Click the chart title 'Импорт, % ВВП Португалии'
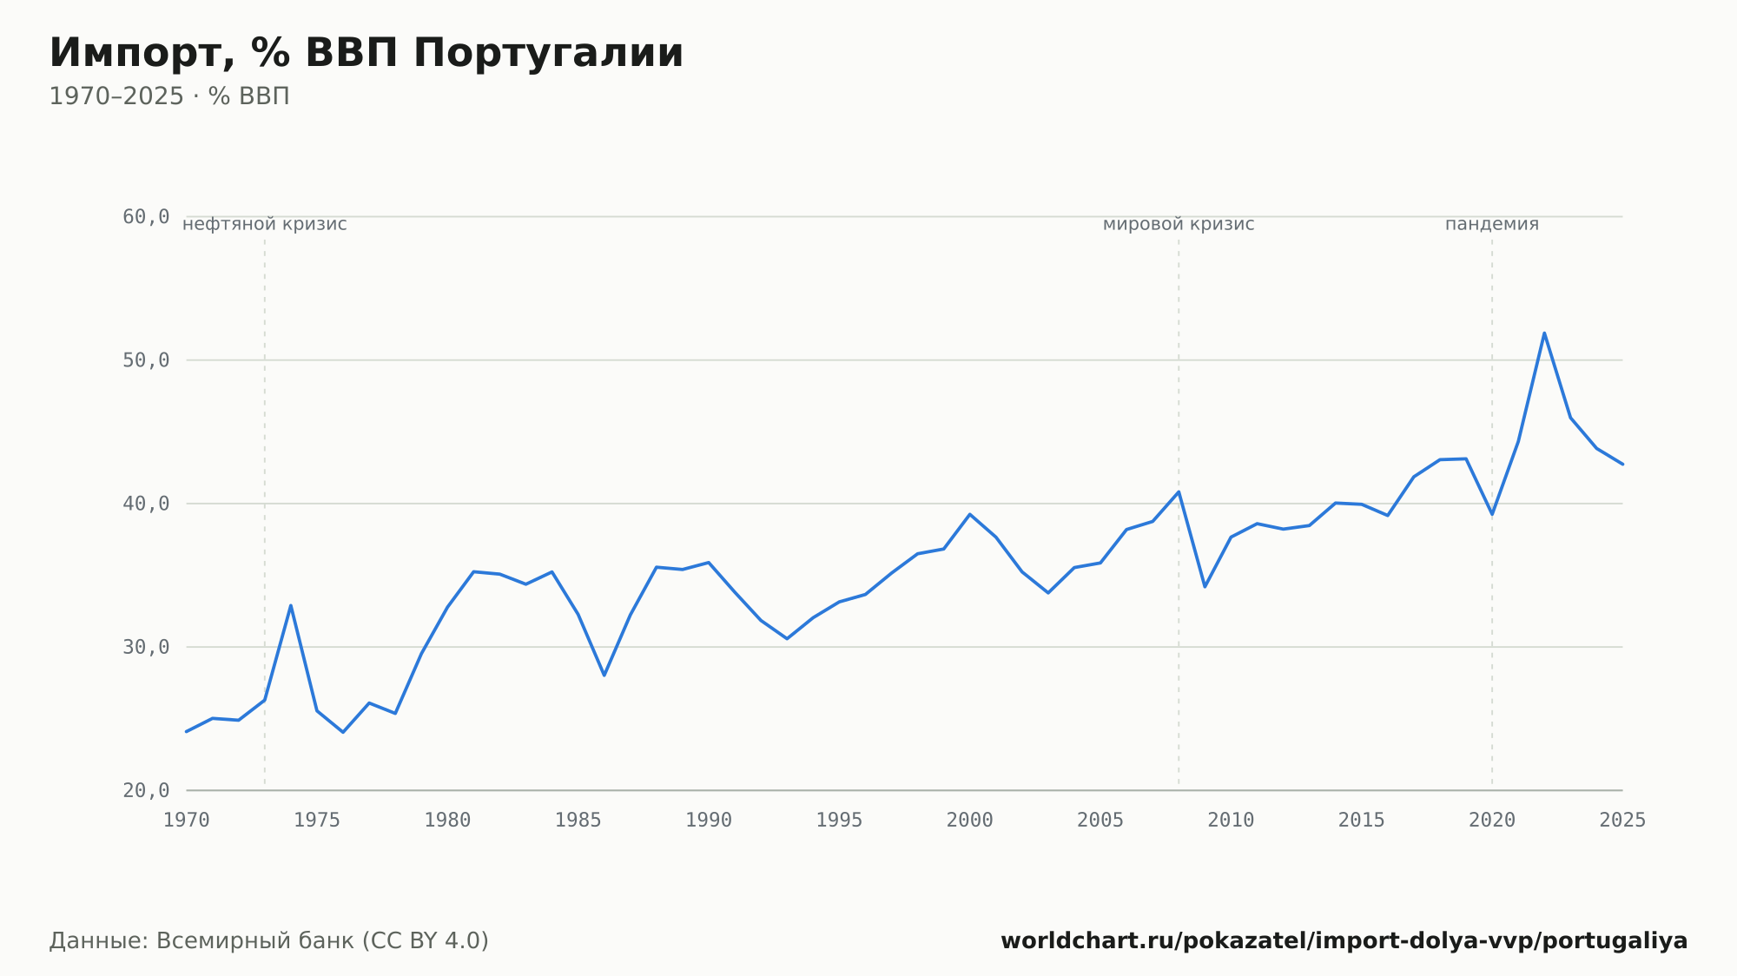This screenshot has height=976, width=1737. [x=367, y=53]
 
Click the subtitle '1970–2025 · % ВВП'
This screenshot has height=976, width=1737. [x=169, y=96]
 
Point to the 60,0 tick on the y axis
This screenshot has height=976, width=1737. [x=146, y=217]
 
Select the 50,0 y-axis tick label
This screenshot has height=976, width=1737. [x=146, y=360]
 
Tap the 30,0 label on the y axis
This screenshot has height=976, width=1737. [x=146, y=647]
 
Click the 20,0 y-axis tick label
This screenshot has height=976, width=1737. [x=146, y=790]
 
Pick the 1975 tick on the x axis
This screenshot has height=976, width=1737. [x=317, y=821]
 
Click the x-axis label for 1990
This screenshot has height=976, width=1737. [x=709, y=821]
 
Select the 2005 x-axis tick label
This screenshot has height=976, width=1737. [x=1100, y=821]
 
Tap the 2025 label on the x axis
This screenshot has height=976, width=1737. [x=1622, y=821]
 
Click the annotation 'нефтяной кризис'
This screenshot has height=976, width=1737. [x=265, y=225]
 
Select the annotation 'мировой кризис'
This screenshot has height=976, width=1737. [x=1179, y=225]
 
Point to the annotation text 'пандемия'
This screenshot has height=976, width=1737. [x=1492, y=225]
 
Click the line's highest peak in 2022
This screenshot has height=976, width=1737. [x=1544, y=333]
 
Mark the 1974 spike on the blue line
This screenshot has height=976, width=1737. [x=291, y=605]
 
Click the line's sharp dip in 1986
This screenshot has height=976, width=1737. [x=604, y=675]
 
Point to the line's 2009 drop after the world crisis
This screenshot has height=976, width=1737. [x=1205, y=586]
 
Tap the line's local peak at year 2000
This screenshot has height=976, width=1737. [x=970, y=514]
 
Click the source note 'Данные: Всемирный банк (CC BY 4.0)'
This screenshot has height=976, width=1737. [x=269, y=941]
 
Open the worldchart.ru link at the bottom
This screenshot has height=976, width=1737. [x=1344, y=941]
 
